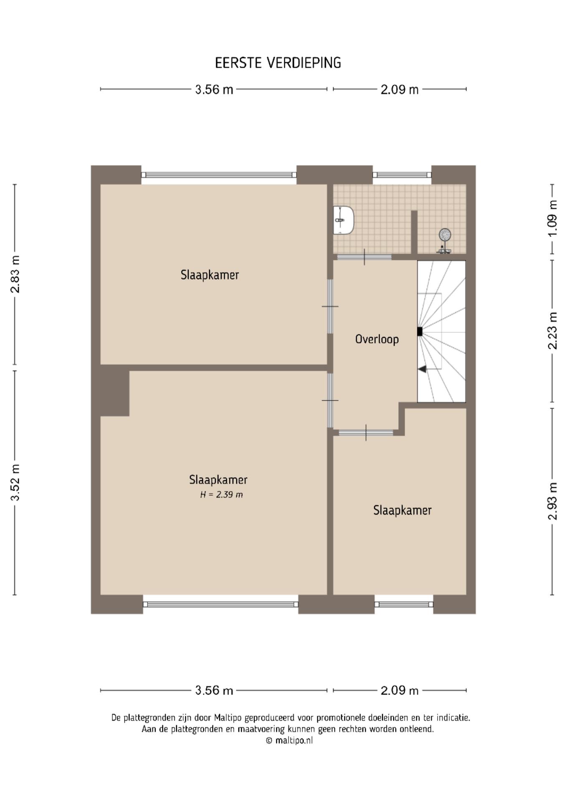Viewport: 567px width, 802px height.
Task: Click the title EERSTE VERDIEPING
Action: tap(278, 63)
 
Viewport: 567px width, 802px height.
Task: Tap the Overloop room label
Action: tap(377, 339)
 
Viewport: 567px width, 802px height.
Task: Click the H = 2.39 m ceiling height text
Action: tap(221, 495)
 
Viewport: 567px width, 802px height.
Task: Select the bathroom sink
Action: tap(343, 220)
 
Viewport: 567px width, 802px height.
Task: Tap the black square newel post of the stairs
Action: tap(420, 331)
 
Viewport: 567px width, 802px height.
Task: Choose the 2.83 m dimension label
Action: tap(15, 274)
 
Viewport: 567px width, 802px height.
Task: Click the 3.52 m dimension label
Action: tap(15, 482)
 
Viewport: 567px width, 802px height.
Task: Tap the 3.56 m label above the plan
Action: tap(214, 89)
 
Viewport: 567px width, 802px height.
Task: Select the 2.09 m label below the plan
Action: tap(400, 690)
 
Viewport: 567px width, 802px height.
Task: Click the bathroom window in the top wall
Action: tap(402, 175)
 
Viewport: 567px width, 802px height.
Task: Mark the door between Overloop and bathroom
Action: tap(364, 257)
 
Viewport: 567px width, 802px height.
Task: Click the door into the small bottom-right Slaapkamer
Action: tap(366, 433)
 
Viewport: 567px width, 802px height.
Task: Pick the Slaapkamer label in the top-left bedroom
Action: tap(210, 275)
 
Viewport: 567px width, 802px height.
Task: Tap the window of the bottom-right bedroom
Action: tap(404, 604)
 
